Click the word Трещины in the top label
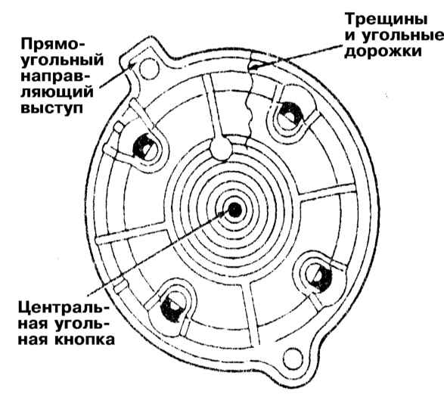tap(387, 20)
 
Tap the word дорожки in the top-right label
tap(383, 51)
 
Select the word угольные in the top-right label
tap(403, 36)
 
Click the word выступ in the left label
tap(52, 108)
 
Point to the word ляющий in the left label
tap(57, 92)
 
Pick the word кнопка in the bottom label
tap(85, 340)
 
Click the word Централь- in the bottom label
tap(64, 307)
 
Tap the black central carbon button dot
tap(234, 210)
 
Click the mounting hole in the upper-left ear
tap(150, 69)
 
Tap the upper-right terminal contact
tap(289, 115)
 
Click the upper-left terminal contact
tap(144, 147)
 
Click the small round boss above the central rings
tap(221, 147)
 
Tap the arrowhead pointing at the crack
tap(253, 67)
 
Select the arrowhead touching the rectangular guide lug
tap(132, 65)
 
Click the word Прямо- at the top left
tap(53, 45)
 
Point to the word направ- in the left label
tap(54, 76)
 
